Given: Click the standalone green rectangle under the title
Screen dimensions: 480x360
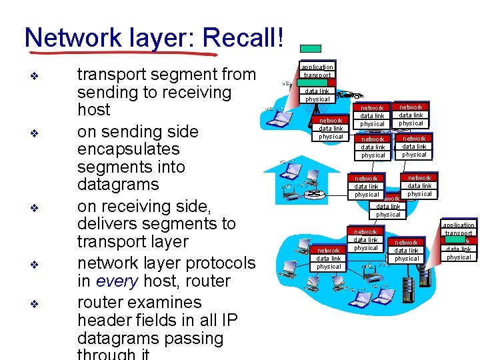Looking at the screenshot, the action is (310, 49).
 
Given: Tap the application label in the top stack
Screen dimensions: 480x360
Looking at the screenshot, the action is (317, 67).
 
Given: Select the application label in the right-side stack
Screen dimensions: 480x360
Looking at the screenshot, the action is (459, 225).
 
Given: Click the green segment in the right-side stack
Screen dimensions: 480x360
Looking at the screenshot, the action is (456, 241).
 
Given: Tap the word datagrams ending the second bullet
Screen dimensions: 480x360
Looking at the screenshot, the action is (117, 184).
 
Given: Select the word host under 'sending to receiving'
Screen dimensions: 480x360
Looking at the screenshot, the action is (94, 109).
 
